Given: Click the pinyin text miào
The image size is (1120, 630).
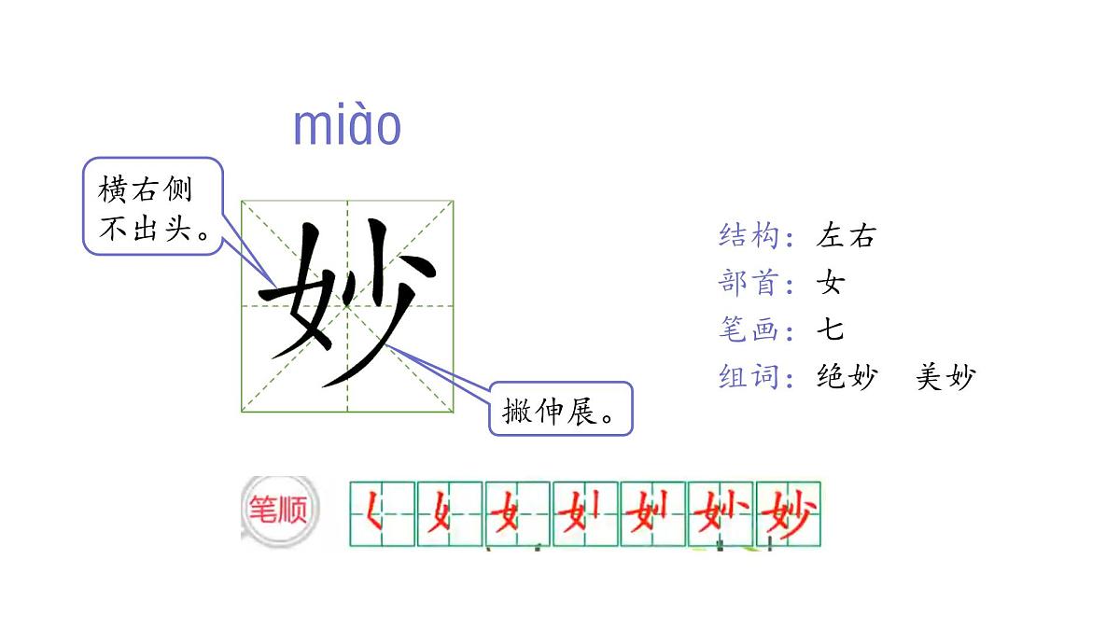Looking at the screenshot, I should click(347, 127).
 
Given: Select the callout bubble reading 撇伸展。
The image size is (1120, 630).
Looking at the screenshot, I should click(561, 409).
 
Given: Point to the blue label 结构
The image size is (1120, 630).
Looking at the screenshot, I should click(749, 235).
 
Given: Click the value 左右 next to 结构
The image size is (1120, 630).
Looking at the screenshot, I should click(847, 235).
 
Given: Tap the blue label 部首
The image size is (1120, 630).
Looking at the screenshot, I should click(749, 282).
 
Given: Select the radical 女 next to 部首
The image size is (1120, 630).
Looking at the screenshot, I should click(830, 282).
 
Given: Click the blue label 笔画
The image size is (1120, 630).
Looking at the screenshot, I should click(749, 329).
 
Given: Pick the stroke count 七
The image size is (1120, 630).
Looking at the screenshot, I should click(830, 329).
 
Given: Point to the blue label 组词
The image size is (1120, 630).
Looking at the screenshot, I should click(749, 377).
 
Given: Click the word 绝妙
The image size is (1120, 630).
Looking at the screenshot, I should click(847, 377).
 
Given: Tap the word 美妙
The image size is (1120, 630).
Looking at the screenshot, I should click(945, 377).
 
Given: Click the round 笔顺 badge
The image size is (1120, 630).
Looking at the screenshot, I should click(278, 511).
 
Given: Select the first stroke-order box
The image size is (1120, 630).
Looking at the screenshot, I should click(382, 513).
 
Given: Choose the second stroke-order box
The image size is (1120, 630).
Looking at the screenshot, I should click(450, 513).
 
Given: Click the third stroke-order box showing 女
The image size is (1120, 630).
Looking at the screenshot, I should click(517, 513).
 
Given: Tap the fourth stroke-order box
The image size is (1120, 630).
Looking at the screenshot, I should click(585, 513).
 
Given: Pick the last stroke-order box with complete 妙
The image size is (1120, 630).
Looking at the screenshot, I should click(789, 513).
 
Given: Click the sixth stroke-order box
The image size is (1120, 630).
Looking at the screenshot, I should click(721, 513).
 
